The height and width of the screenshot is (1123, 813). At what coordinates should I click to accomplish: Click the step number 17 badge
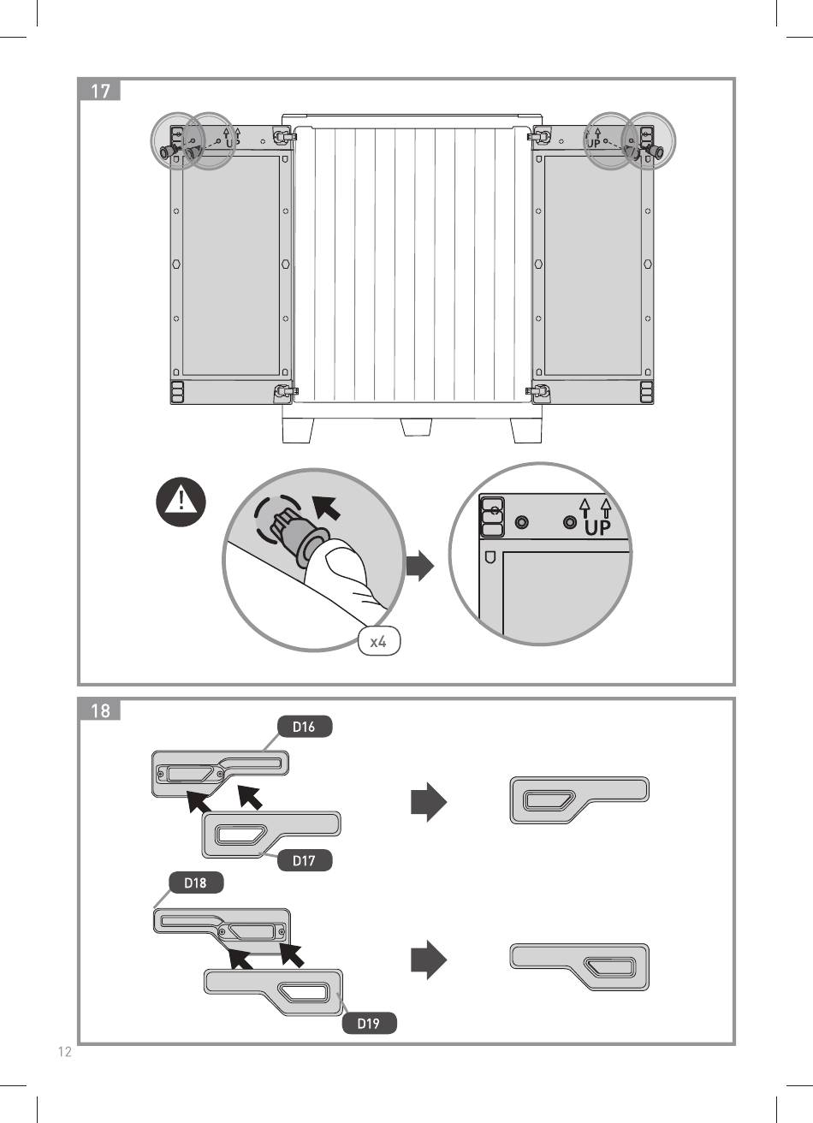click(x=99, y=90)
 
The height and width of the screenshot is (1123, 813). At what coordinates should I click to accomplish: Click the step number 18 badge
click(x=99, y=710)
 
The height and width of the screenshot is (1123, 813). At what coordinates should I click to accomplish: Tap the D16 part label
click(x=304, y=727)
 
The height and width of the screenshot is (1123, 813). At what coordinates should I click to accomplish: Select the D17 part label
click(x=304, y=860)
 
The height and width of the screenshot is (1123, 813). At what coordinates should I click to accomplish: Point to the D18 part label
click(x=195, y=882)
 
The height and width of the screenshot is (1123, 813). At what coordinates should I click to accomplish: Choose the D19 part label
click(x=368, y=1023)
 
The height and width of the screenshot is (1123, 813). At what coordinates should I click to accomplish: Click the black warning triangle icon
click(x=181, y=502)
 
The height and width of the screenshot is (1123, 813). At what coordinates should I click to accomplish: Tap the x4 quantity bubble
click(x=379, y=642)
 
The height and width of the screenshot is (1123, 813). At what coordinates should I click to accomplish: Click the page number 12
click(x=64, y=1052)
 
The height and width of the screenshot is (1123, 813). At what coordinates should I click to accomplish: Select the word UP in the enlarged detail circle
click(x=599, y=528)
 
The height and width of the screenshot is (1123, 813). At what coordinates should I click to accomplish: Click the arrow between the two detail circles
click(x=419, y=566)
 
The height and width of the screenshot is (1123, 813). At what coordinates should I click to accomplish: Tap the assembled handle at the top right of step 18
click(x=579, y=799)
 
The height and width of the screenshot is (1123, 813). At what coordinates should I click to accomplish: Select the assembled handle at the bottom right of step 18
click(x=579, y=966)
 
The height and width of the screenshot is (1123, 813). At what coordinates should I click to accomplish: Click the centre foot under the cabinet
click(x=416, y=427)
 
